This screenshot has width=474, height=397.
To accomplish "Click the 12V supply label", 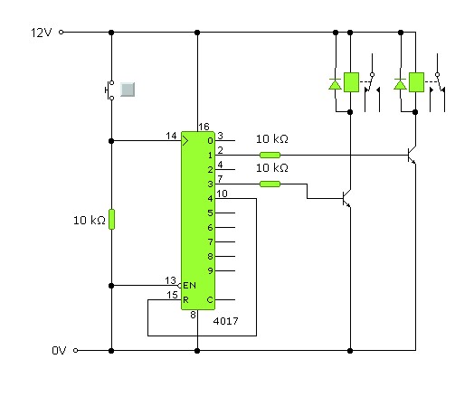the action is click(x=42, y=33).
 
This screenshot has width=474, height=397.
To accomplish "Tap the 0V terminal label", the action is click(x=59, y=351).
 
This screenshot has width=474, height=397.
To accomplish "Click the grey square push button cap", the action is click(x=128, y=90).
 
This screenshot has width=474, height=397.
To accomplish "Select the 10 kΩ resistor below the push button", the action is click(x=111, y=220).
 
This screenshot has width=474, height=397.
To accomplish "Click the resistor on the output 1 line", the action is click(x=270, y=155).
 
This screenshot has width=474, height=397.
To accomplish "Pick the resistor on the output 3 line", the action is click(x=270, y=184).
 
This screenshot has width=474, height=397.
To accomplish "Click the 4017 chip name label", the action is click(x=225, y=321).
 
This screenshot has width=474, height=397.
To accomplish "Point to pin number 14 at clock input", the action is click(x=171, y=136).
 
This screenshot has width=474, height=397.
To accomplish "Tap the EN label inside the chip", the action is click(x=190, y=285).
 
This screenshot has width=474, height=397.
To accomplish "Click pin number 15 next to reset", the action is click(x=172, y=295).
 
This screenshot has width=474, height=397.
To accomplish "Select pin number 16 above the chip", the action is click(x=204, y=127).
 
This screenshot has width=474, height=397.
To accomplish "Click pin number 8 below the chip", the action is click(x=193, y=315).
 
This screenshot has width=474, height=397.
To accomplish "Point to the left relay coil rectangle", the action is click(x=351, y=82).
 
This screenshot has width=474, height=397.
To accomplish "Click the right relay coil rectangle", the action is click(x=416, y=82).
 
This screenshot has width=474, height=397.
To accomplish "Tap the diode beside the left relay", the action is click(x=335, y=84).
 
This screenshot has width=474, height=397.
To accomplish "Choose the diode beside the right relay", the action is click(x=400, y=84).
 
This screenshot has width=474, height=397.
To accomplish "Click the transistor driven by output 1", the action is click(x=412, y=156).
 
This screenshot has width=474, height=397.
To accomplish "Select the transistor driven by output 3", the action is click(x=346, y=199).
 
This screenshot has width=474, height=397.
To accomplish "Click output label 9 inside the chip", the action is click(x=210, y=270).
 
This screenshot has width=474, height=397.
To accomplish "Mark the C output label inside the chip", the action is click(x=210, y=299).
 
